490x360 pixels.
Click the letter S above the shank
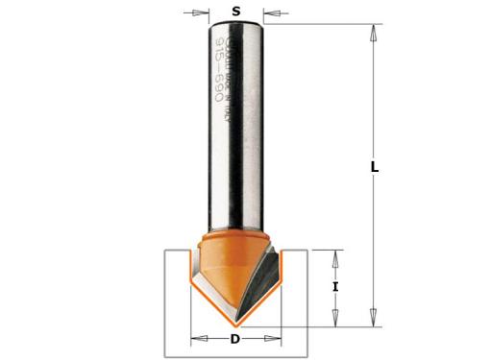tap(235, 12)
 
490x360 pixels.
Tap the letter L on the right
tap(375, 167)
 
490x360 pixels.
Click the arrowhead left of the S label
tap(203, 13)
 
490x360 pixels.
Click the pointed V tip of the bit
tap(236, 323)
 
